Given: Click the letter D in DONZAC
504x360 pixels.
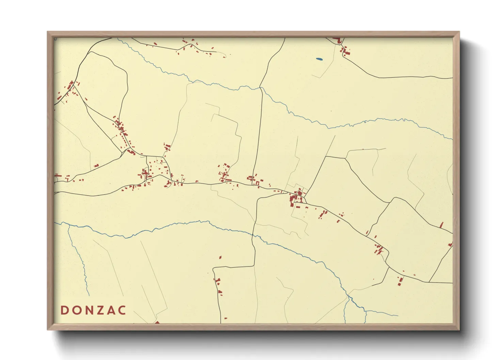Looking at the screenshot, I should click(64, 310).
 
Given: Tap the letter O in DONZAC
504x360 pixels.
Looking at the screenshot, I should click(76, 310).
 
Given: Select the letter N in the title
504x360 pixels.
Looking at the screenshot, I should click(88, 310).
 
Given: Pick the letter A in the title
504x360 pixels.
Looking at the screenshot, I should click(110, 310).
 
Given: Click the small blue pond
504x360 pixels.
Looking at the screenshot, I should click(319, 59).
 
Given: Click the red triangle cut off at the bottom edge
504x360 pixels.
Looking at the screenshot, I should click(157, 322).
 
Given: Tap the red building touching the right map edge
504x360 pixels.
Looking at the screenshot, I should click(451, 244).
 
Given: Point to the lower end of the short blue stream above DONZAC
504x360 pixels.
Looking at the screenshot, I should click(89, 295).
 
